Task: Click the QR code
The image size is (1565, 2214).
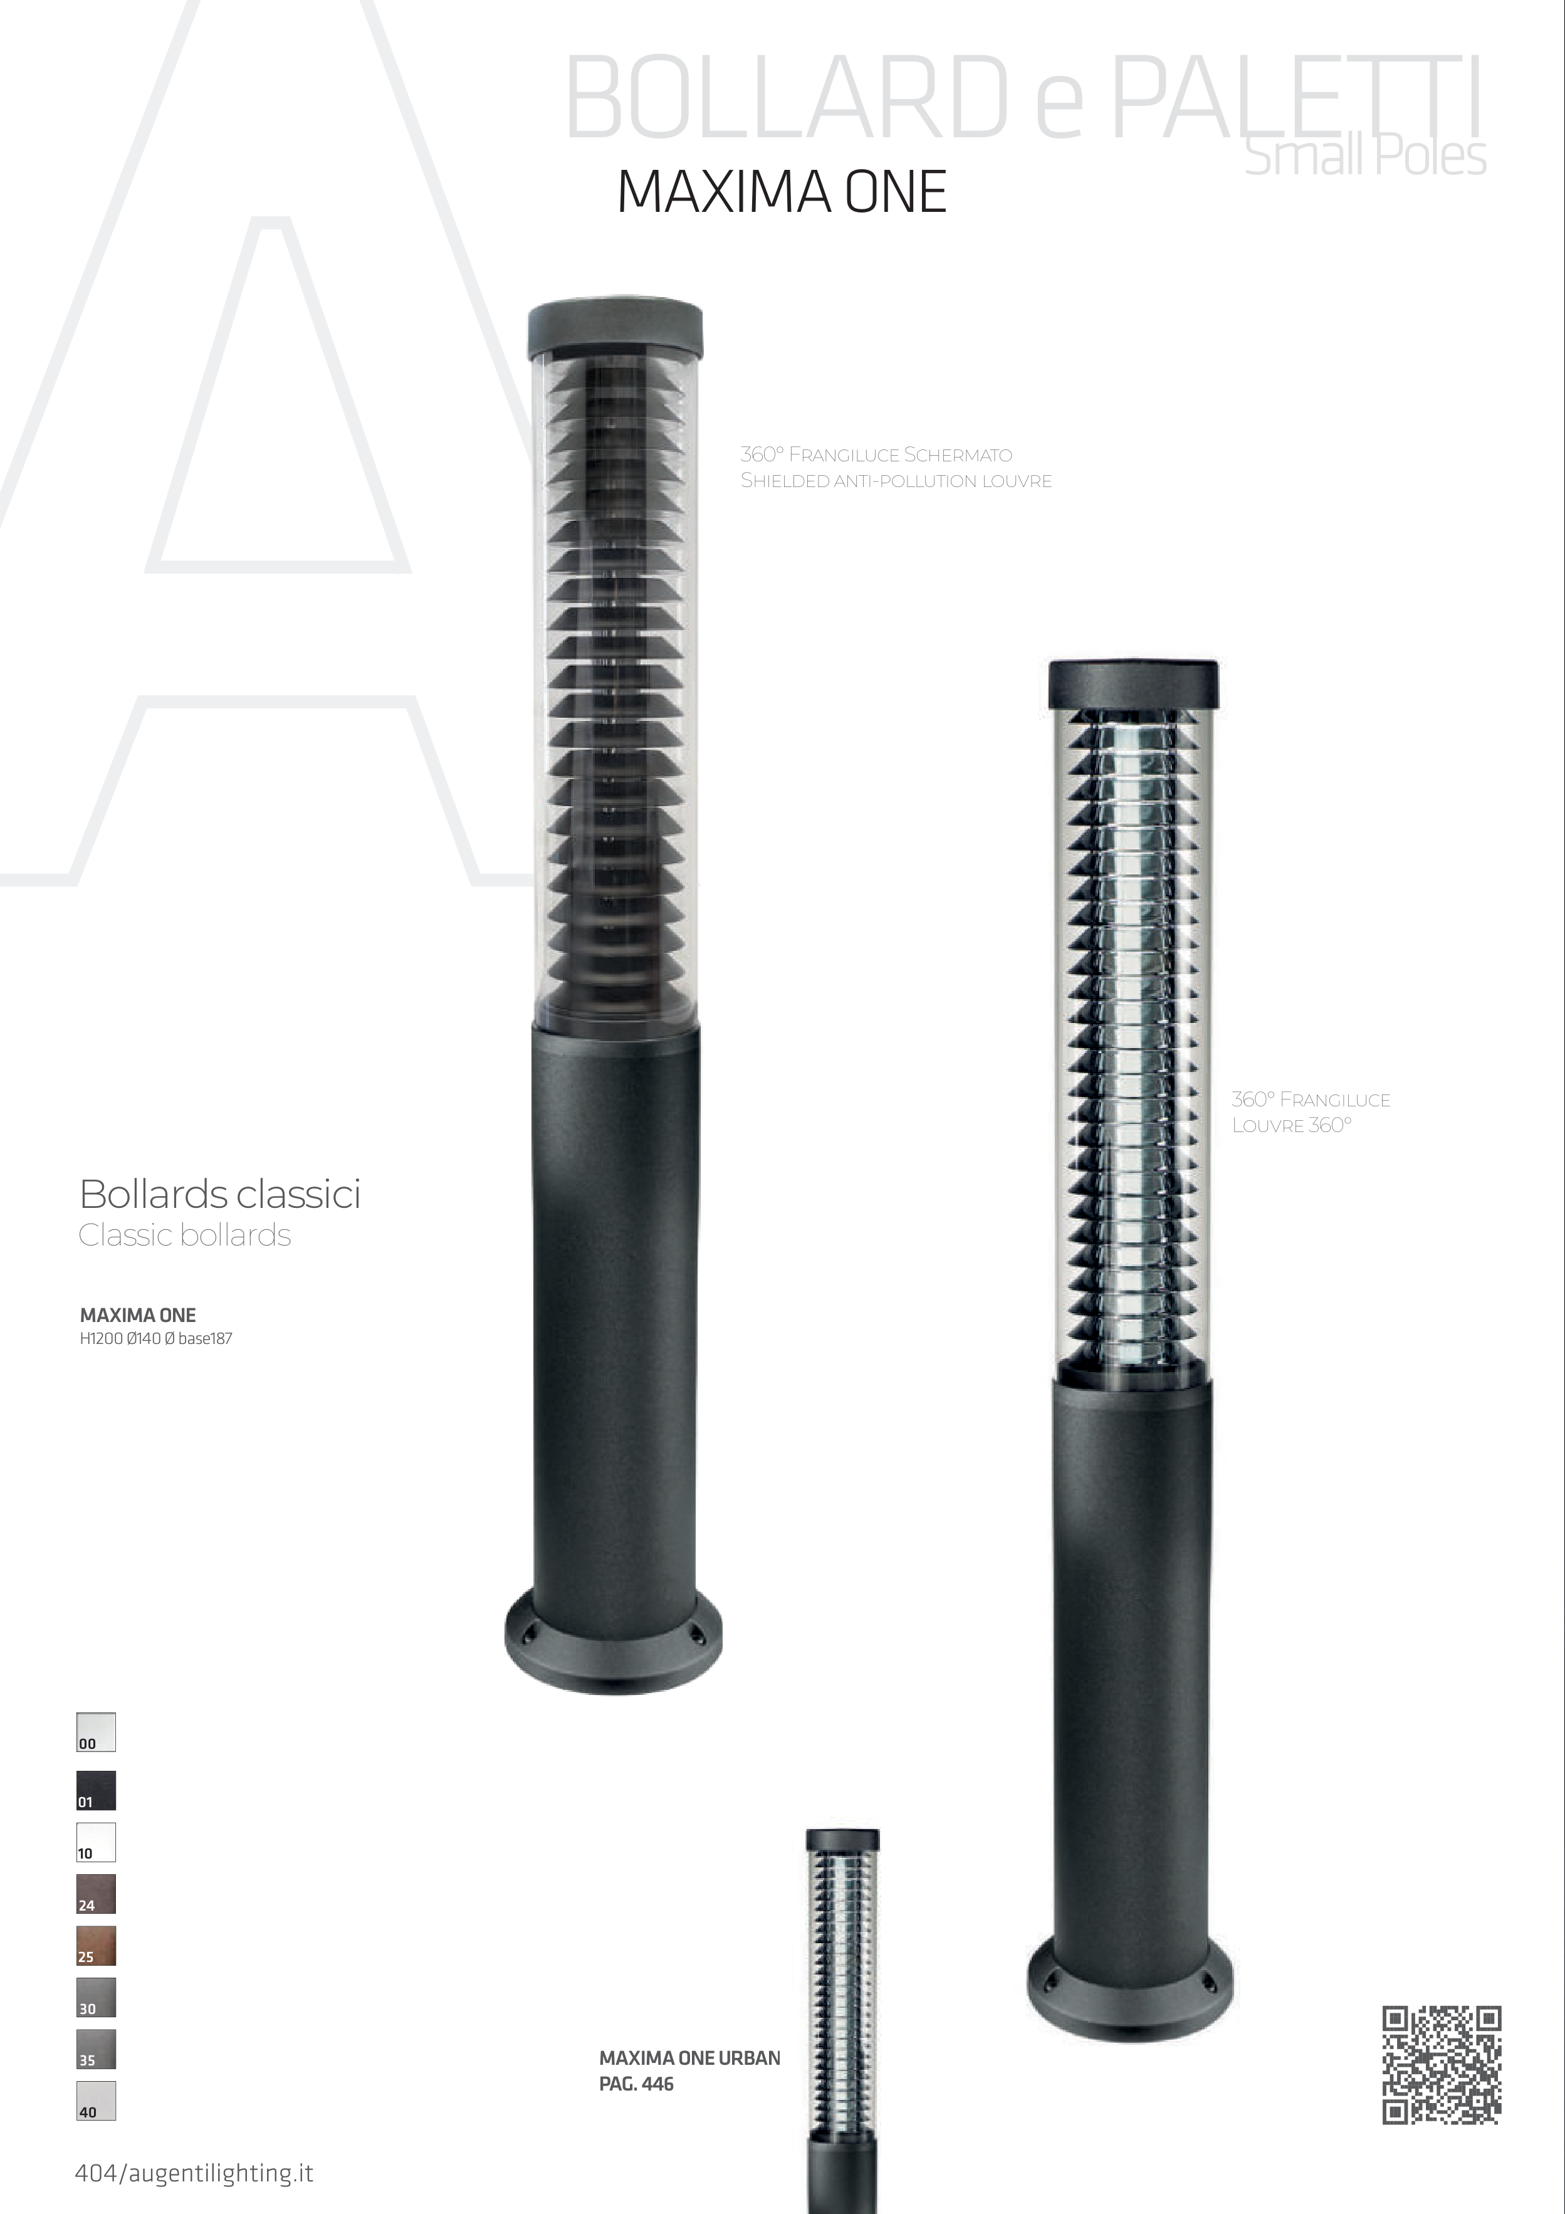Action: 1442,2065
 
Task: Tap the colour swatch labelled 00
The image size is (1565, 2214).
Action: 97,1732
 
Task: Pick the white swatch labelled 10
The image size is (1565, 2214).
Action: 97,1842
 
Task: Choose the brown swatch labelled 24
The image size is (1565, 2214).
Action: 97,1894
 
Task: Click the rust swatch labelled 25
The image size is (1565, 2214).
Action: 97,1946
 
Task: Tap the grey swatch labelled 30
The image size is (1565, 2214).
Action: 97,1997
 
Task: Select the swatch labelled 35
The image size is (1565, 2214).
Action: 97,2049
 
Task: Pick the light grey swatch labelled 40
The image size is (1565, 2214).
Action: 97,2100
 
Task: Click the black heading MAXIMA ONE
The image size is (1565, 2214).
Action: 782,192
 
